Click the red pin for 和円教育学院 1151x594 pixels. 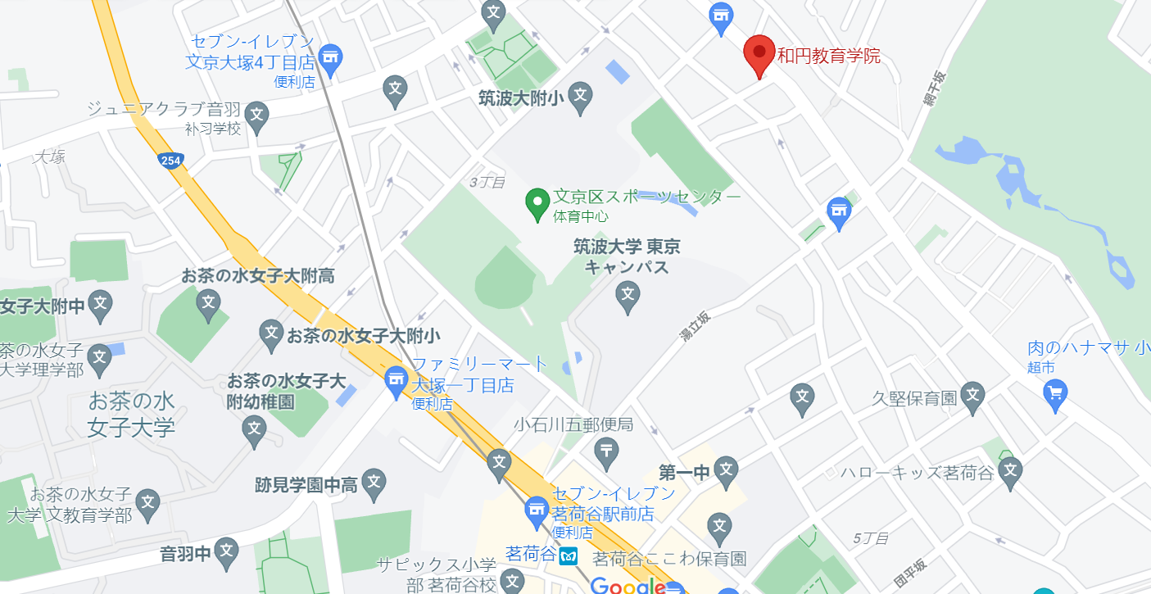pos(759,53)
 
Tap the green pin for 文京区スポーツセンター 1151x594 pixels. pos(537,203)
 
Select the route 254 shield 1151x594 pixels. pos(171,161)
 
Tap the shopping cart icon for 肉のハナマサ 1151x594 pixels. pos(1055,393)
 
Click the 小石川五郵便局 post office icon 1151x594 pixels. pos(606,450)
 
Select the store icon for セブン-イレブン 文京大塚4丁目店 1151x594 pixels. pos(330,57)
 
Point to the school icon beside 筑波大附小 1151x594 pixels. pos(580,96)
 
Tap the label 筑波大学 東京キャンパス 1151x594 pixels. pos(627,256)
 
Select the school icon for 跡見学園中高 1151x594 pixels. pos(374,483)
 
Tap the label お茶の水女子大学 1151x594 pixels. pos(131,414)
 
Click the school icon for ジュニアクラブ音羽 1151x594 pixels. pos(256,115)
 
